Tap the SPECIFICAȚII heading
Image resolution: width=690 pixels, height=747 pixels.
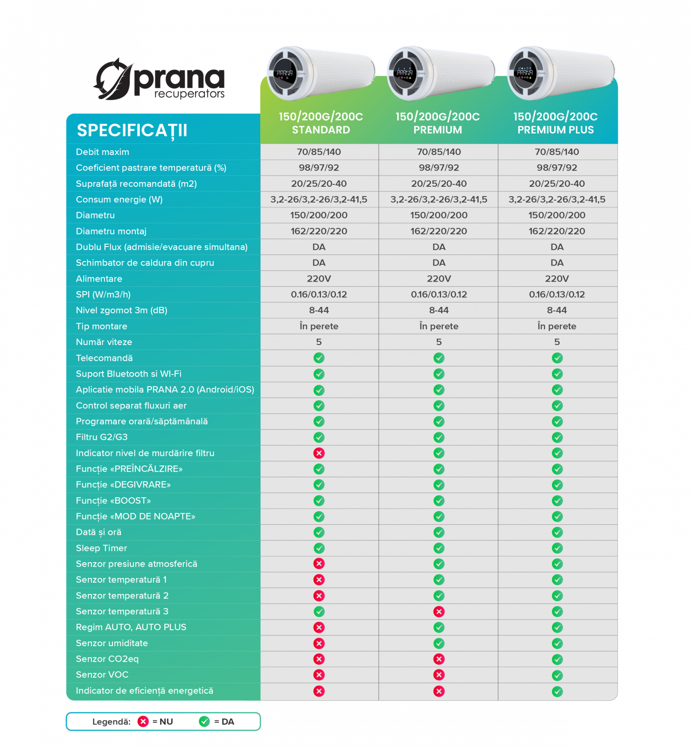pyautogui.click(x=132, y=130)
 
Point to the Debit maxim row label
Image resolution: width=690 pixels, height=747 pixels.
pyautogui.click(x=103, y=152)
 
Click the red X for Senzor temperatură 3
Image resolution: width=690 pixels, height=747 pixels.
pyautogui.click(x=439, y=612)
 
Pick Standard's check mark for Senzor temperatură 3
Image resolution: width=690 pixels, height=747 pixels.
pyautogui.click(x=319, y=612)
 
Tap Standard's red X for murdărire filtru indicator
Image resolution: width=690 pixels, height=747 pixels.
pyautogui.click(x=319, y=453)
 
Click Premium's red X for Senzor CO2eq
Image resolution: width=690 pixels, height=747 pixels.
pyautogui.click(x=439, y=659)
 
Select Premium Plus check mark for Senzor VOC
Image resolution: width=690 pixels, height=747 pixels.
pyautogui.click(x=557, y=675)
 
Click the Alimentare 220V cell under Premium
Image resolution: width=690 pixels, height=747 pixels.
pyautogui.click(x=439, y=279)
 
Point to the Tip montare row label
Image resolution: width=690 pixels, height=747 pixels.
pyautogui.click(x=102, y=326)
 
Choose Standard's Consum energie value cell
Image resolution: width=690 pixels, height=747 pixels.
pyautogui.click(x=319, y=200)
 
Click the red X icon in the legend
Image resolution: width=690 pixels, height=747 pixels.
pyautogui.click(x=143, y=722)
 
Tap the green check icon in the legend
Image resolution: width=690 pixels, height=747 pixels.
pyautogui.click(x=204, y=722)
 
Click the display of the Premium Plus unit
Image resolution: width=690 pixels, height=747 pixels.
pyautogui.click(x=524, y=73)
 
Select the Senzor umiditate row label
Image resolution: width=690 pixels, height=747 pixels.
pyautogui.click(x=112, y=643)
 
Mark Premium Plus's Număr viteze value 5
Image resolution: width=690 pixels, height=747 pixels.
pyautogui.click(x=557, y=342)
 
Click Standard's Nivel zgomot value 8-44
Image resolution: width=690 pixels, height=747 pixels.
pyautogui.click(x=319, y=310)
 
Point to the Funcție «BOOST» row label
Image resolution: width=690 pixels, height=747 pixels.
pyautogui.click(x=113, y=501)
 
